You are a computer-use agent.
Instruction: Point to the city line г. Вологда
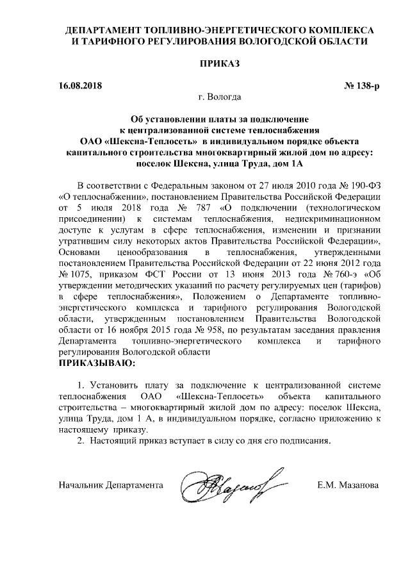220,98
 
